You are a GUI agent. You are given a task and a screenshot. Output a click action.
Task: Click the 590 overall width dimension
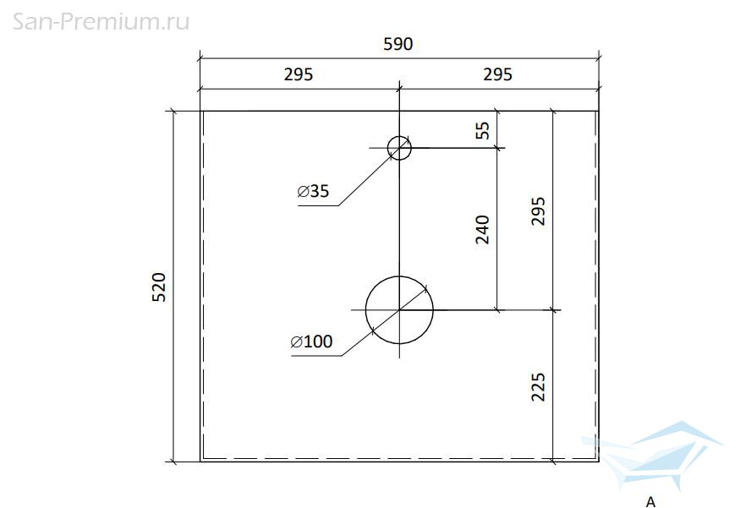398,44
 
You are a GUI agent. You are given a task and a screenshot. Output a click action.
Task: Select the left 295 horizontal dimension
299,74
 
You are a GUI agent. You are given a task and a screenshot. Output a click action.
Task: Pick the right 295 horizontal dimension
497,74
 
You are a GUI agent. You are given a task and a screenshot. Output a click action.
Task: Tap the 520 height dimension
159,287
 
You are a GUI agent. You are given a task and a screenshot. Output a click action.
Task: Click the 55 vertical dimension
482,130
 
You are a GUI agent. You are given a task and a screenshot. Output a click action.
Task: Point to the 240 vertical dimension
482,230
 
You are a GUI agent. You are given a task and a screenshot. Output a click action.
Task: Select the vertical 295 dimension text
538,211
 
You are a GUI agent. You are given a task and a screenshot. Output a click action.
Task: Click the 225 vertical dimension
538,387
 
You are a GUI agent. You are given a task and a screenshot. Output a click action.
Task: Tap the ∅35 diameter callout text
314,191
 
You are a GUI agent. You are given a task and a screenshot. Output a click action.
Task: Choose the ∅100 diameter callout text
311,341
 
